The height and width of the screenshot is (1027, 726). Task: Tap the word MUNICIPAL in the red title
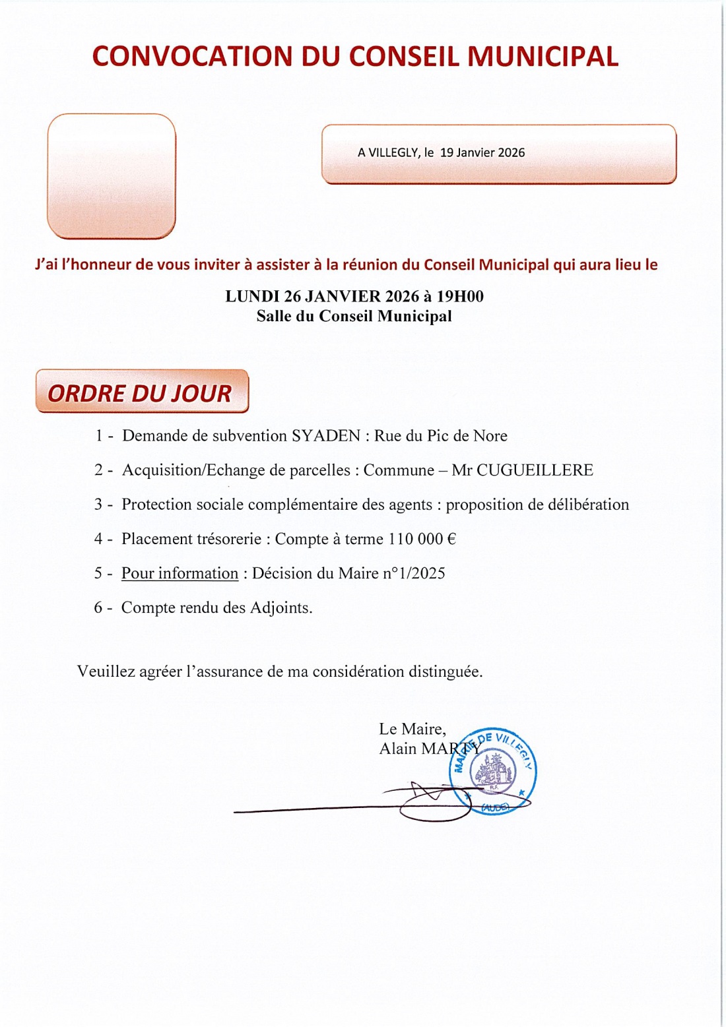click(x=543, y=57)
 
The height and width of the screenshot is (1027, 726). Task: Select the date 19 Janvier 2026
click(x=482, y=152)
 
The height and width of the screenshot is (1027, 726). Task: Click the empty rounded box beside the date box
click(x=112, y=176)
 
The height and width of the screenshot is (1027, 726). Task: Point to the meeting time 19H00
click(x=465, y=297)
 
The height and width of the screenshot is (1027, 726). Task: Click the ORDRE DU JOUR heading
click(x=140, y=393)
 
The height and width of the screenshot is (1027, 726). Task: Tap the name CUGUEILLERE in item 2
click(x=535, y=470)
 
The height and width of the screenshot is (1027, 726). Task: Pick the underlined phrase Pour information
click(x=180, y=573)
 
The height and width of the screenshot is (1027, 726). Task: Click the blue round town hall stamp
click(x=494, y=772)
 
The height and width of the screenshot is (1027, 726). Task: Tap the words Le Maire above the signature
click(x=412, y=729)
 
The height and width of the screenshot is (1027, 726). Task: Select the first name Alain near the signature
click(x=398, y=749)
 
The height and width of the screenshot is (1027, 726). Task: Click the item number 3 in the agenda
click(x=98, y=505)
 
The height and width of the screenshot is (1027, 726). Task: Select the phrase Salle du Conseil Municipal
click(x=354, y=316)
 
